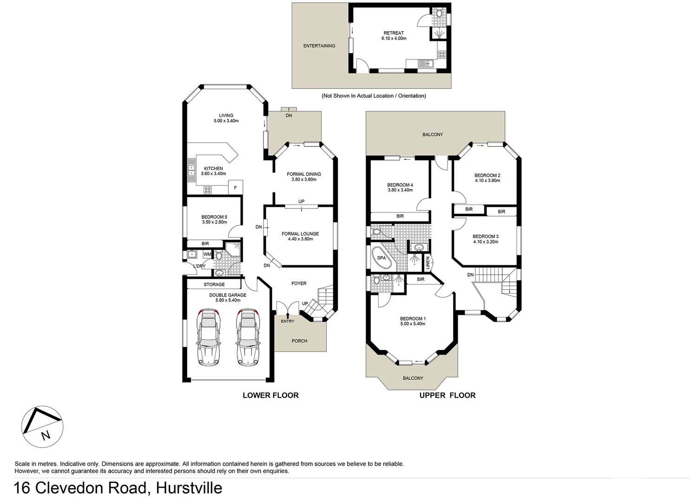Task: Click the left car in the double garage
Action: tap(208, 337)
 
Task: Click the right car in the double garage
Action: tap(247, 337)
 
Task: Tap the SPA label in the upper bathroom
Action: tap(381, 258)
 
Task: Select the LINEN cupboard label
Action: tap(427, 263)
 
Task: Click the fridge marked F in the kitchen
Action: tap(236, 188)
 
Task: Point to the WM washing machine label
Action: tap(207, 255)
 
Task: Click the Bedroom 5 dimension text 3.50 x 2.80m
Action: tap(214, 222)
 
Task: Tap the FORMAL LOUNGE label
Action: tap(300, 234)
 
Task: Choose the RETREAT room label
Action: tap(394, 33)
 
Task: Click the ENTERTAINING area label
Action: tap(319, 46)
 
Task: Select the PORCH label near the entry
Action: tap(299, 341)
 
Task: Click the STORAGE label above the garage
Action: tap(214, 284)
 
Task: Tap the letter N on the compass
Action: tap(45, 436)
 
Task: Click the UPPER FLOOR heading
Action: tap(447, 395)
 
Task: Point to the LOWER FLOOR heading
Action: tap(270, 395)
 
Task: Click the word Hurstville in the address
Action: tap(189, 488)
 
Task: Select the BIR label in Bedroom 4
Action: tap(400, 216)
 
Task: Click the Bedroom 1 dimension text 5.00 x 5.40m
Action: tap(413, 324)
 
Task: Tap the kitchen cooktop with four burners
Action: tap(207, 190)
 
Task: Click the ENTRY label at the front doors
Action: tap(287, 321)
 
